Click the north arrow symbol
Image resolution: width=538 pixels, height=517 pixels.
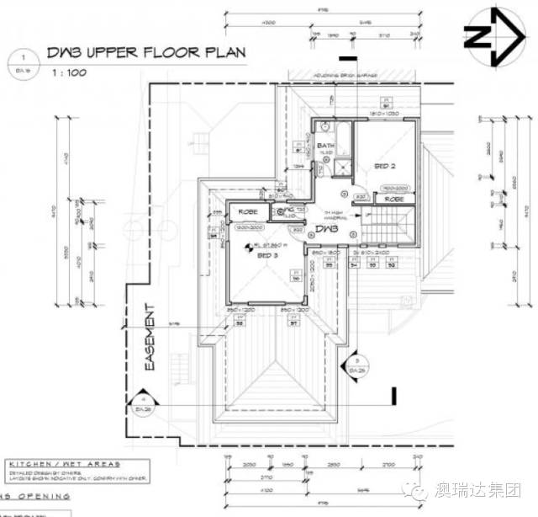[490, 35]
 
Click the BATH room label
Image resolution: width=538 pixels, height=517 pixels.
[326, 146]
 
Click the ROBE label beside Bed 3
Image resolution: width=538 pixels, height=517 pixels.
[247, 211]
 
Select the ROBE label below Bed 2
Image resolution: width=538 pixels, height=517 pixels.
[393, 200]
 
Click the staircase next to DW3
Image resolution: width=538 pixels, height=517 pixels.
[390, 225]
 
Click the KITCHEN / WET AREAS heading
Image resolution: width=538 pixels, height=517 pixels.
[64, 463]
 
